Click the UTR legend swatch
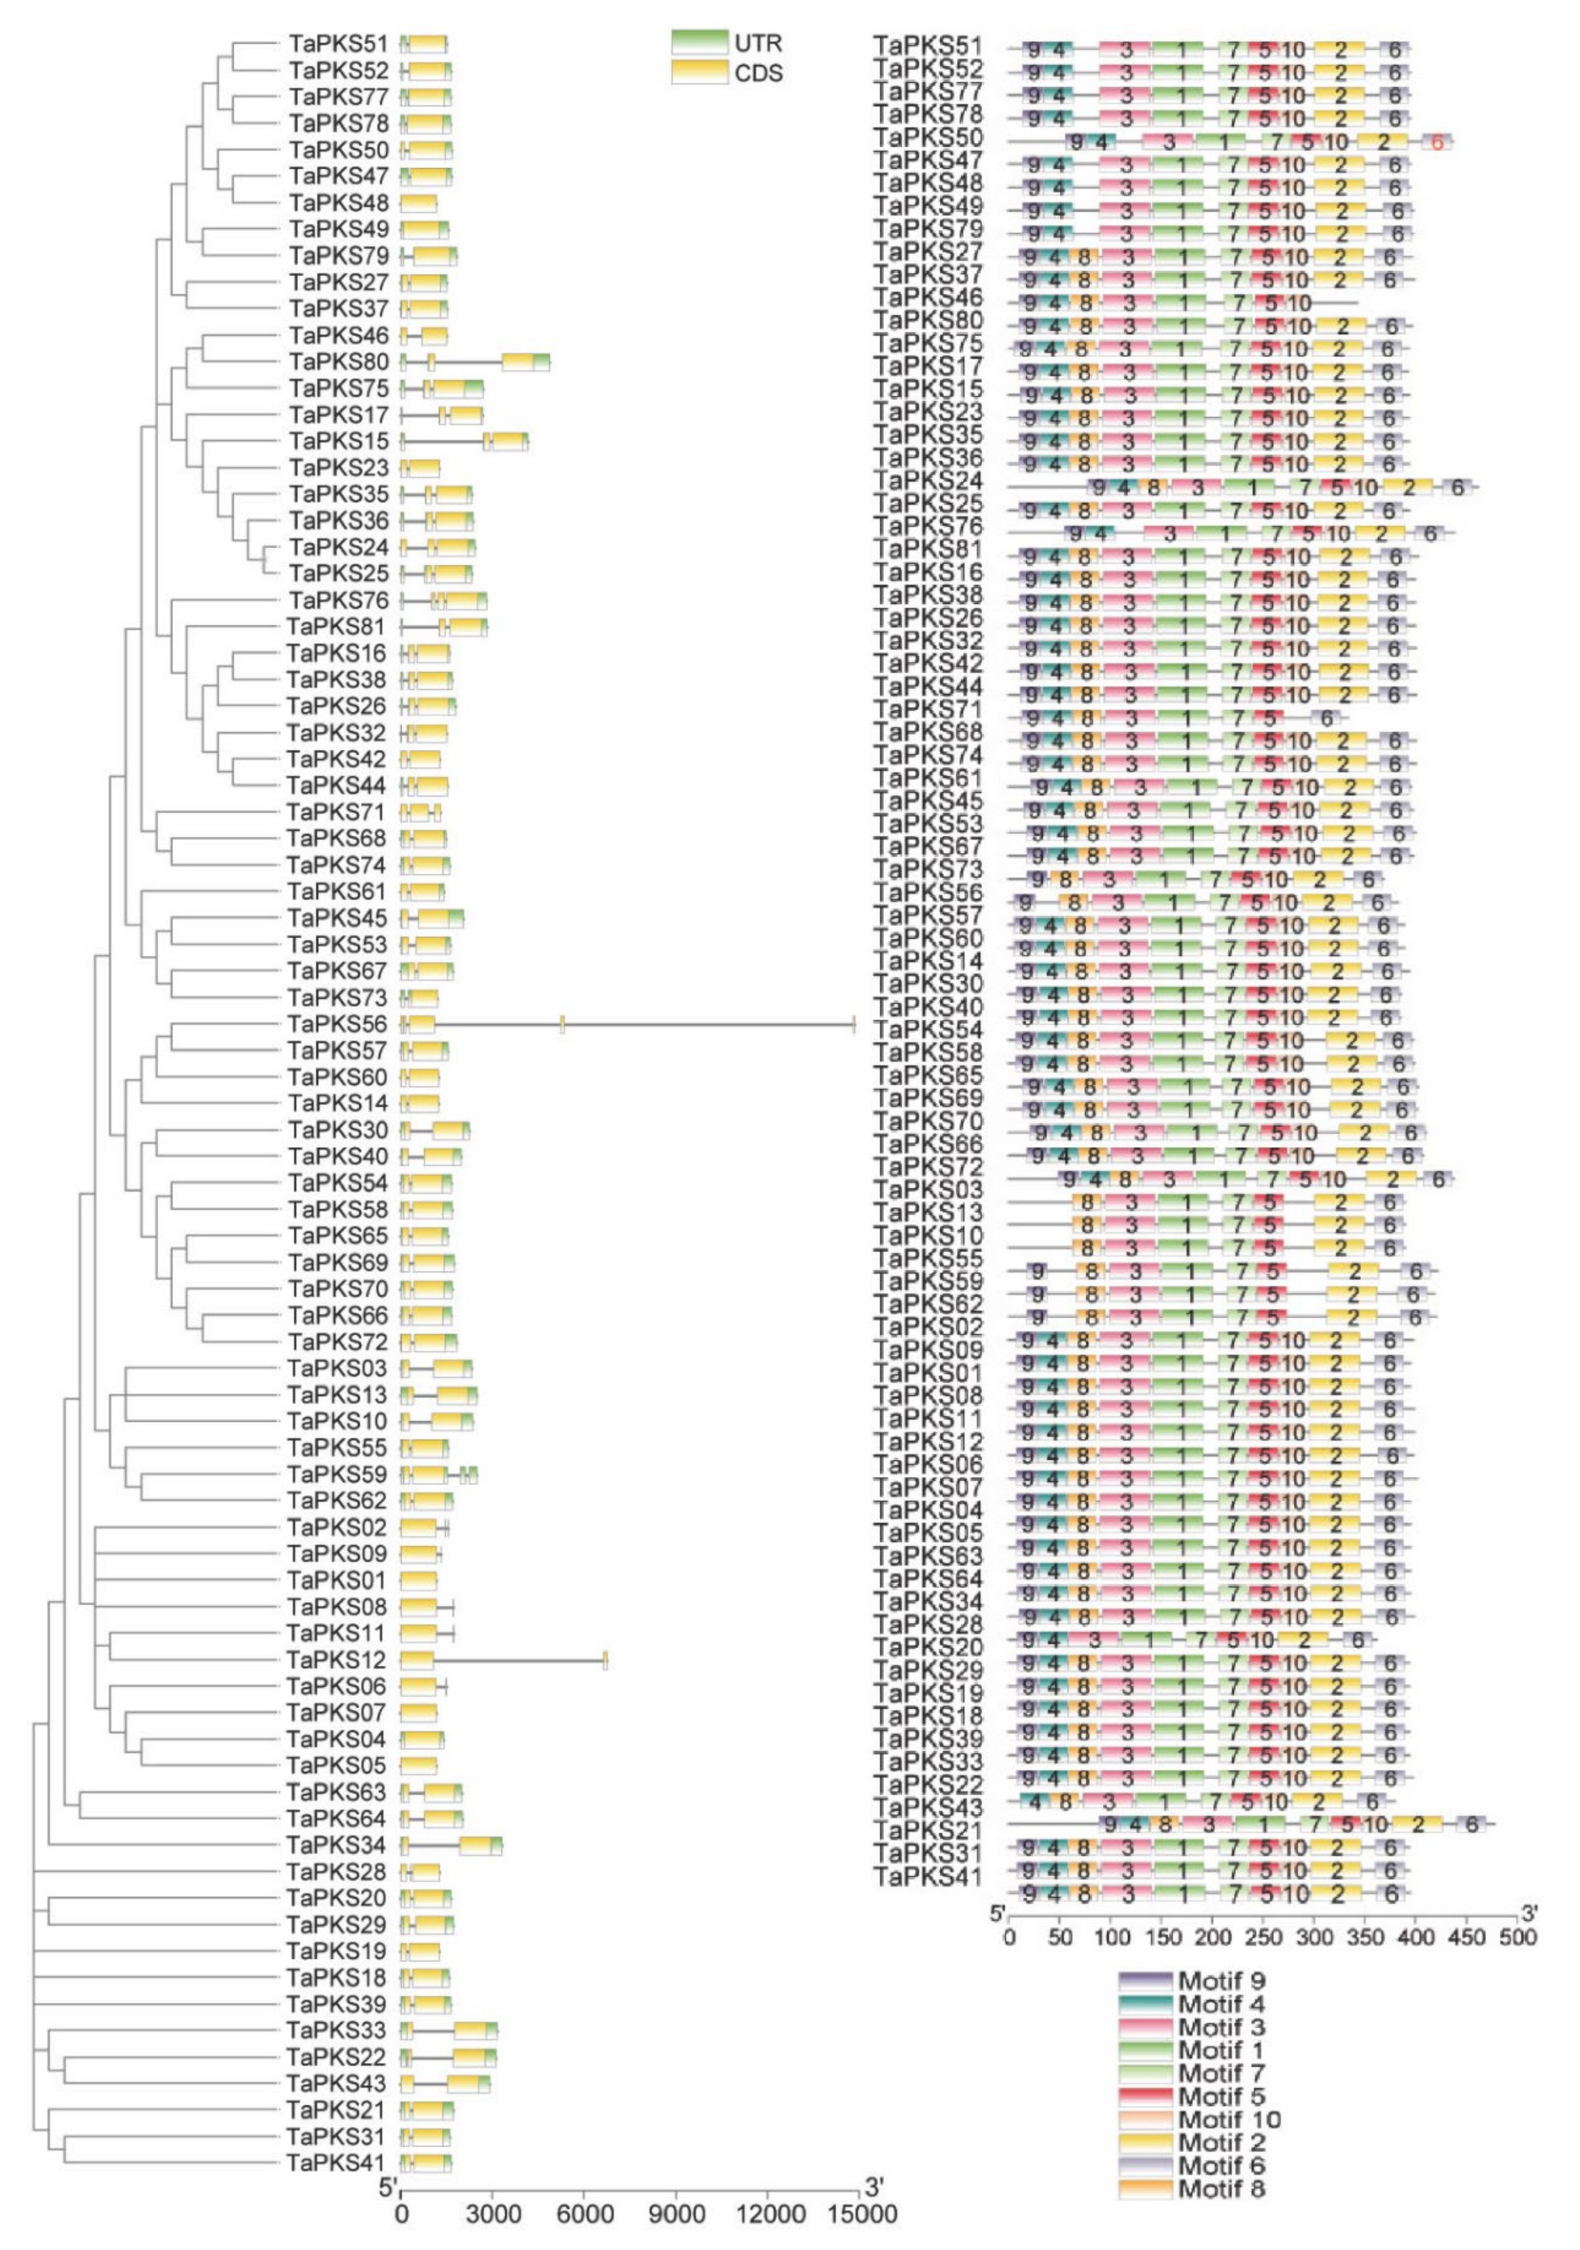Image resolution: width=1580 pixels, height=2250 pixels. (700, 43)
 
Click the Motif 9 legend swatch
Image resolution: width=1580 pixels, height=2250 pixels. (1145, 1981)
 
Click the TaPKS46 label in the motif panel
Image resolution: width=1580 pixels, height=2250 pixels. (928, 297)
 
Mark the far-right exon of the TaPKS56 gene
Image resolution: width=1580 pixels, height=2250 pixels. (854, 1024)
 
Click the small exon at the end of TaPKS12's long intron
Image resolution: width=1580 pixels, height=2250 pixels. (605, 1660)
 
